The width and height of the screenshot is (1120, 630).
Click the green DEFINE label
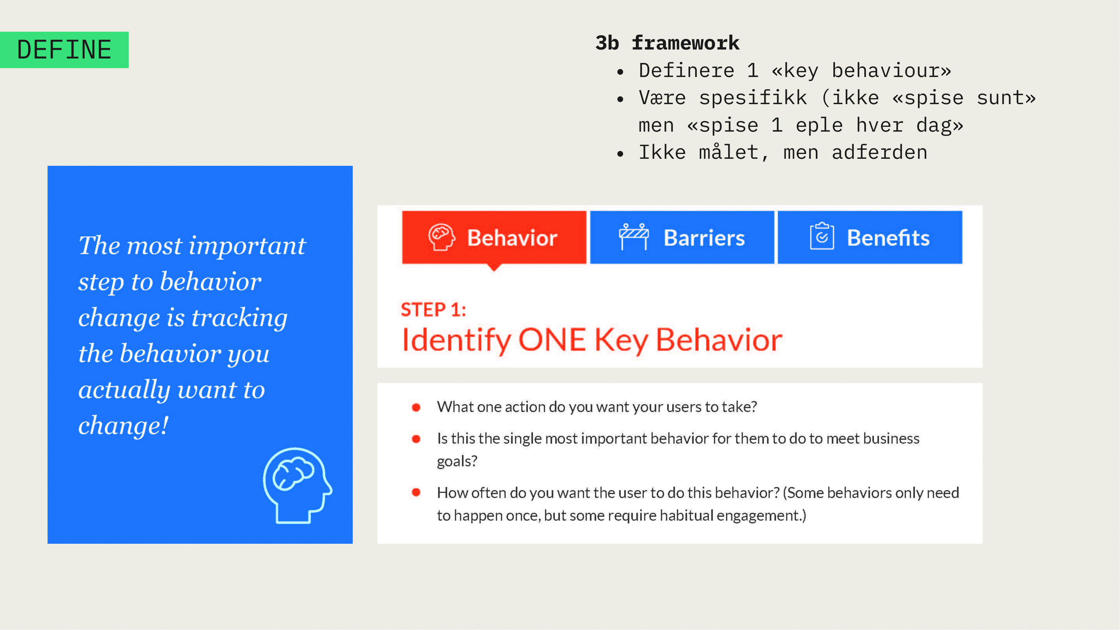point(64,50)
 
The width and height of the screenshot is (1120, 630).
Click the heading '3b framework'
point(667,42)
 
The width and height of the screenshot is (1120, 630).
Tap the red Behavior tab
point(494,238)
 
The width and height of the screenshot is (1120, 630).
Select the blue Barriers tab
point(682,238)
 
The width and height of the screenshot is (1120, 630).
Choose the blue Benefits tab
point(870,238)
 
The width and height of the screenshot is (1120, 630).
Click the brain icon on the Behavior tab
point(441,237)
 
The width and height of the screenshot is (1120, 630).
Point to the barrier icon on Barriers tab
point(634,237)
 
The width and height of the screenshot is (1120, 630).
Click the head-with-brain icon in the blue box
point(298,485)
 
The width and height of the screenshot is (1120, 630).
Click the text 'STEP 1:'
point(433,310)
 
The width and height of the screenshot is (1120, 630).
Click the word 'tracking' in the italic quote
point(240,317)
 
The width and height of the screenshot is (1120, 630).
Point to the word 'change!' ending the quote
point(123,425)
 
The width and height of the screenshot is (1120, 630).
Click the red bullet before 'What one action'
point(416,407)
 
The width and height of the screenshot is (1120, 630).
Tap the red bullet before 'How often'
point(416,492)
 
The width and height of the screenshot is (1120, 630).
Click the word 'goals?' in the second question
point(457,461)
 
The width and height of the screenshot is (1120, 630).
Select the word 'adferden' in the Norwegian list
point(880,152)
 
